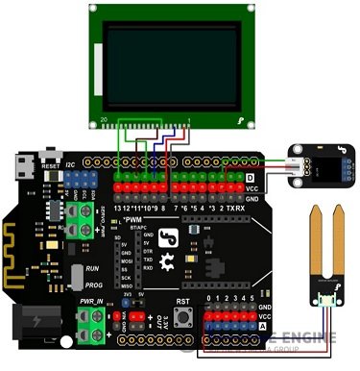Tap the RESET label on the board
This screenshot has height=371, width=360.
pos(51,165)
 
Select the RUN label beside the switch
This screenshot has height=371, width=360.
pos(91,270)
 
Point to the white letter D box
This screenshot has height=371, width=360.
pos(251,178)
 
